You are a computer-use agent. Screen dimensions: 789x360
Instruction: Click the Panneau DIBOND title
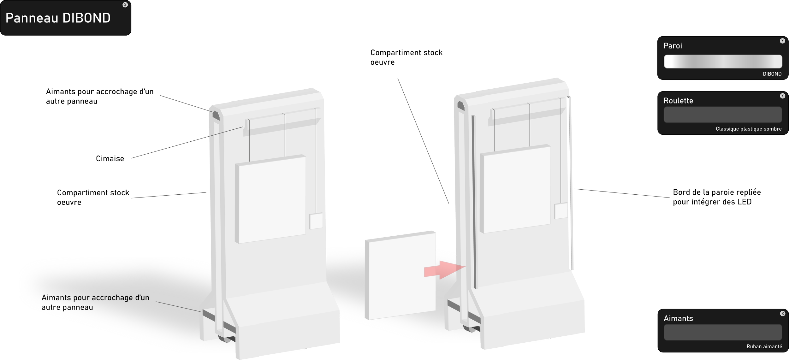click(x=58, y=18)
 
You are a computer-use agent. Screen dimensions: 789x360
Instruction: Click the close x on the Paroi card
click(x=782, y=41)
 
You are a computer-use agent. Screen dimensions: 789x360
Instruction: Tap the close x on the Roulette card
click(x=782, y=96)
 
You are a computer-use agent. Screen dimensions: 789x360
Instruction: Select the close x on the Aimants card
click(x=782, y=314)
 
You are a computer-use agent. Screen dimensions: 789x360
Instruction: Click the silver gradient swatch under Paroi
click(x=723, y=62)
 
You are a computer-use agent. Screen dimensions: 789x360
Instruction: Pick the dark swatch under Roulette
click(x=723, y=115)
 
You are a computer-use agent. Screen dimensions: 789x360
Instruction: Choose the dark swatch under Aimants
click(x=723, y=332)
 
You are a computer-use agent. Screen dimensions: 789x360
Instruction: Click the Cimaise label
click(x=110, y=159)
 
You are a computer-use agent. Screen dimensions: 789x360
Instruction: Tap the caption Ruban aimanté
click(x=764, y=346)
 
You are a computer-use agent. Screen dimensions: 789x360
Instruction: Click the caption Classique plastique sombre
click(x=749, y=129)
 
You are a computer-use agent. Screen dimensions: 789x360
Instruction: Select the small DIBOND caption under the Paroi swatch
click(x=772, y=74)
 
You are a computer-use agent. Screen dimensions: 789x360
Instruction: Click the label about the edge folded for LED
click(x=716, y=197)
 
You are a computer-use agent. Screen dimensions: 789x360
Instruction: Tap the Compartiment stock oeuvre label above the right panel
click(x=406, y=57)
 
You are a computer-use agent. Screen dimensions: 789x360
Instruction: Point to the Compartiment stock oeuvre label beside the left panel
click(x=93, y=197)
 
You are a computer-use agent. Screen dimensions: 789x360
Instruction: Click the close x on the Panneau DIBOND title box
click(x=125, y=5)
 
